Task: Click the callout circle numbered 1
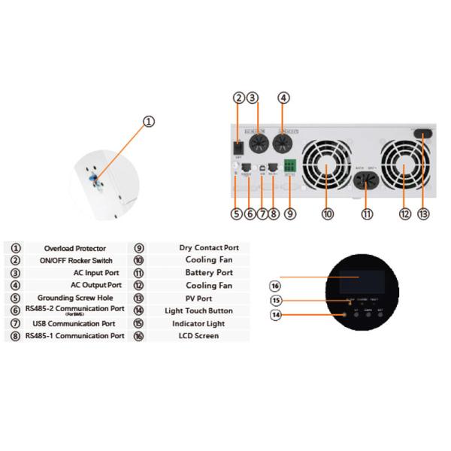click(x=149, y=121)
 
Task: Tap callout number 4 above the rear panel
click(x=283, y=97)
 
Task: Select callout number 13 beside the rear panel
click(x=424, y=213)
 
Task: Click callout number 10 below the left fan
click(x=328, y=214)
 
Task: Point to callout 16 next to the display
click(x=275, y=286)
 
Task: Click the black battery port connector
click(x=368, y=183)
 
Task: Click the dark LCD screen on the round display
click(x=357, y=283)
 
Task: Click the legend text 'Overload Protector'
click(x=74, y=248)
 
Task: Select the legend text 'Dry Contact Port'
click(x=209, y=247)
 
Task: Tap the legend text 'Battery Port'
click(x=209, y=273)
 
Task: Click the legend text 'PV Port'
click(x=198, y=298)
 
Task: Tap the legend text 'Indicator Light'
click(x=199, y=323)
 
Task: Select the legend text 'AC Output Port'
click(x=96, y=285)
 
